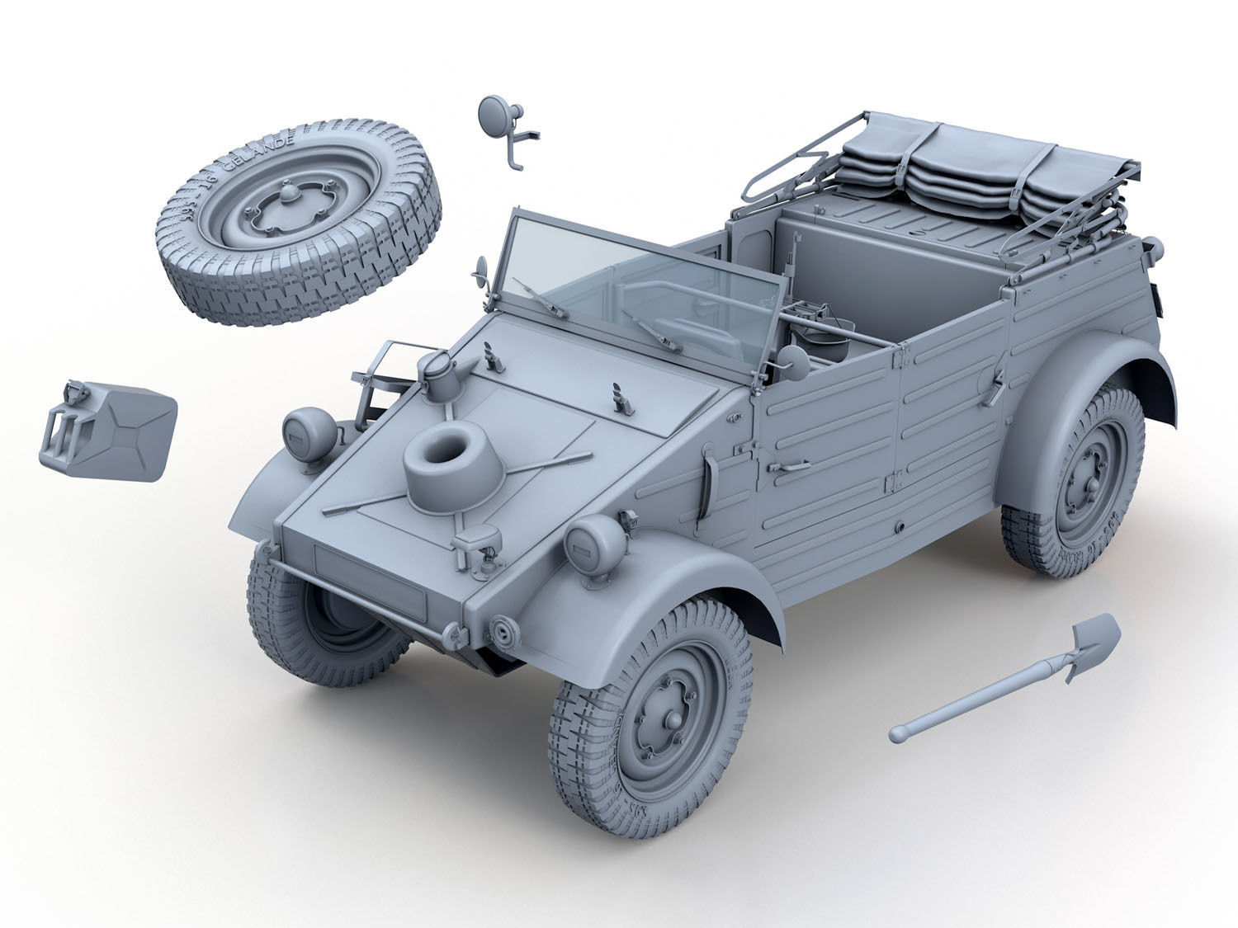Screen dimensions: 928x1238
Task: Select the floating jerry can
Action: [107, 429]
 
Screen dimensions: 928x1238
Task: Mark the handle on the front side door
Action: [788, 467]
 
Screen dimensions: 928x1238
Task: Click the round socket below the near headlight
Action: [501, 631]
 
